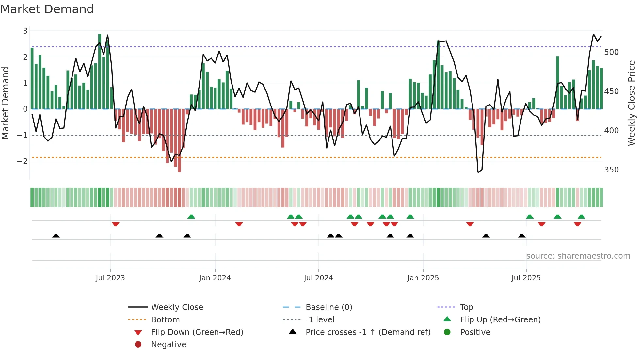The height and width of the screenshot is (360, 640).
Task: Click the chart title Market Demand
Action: [x=47, y=9]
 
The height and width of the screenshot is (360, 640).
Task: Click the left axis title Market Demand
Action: [x=6, y=103]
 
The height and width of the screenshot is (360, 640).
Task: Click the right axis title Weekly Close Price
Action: [x=632, y=103]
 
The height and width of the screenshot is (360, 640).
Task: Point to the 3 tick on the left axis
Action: [x=25, y=31]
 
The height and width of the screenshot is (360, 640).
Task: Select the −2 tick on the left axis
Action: [x=23, y=161]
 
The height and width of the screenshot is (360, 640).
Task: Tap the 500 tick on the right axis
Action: [x=611, y=52]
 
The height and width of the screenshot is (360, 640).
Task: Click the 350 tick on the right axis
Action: [x=611, y=170]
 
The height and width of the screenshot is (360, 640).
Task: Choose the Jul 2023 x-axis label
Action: [x=110, y=278]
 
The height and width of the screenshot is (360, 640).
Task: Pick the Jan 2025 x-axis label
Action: [x=423, y=278]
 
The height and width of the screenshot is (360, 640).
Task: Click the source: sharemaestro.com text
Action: [x=578, y=256]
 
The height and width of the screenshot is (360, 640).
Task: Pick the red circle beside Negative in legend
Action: [x=138, y=345]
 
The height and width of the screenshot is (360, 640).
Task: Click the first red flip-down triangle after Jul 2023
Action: [x=116, y=224]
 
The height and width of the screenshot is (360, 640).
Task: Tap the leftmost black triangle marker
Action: [x=56, y=236]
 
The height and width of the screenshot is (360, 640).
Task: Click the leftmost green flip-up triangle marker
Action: [x=191, y=216]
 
